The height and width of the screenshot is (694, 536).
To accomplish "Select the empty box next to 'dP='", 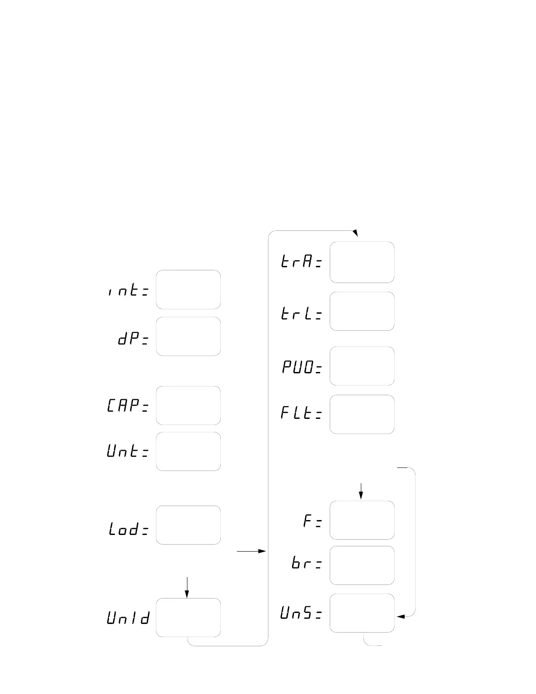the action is (188, 336).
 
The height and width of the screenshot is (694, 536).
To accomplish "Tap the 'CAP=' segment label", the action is (128, 406).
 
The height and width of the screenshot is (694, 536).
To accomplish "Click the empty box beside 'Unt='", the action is (188, 451).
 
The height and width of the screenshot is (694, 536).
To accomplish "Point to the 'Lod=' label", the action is (129, 529).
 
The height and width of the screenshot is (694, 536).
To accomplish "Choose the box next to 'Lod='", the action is (188, 525).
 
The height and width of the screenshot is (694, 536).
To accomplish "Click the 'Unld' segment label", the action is (128, 618).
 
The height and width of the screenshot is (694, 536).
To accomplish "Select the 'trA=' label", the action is (301, 262).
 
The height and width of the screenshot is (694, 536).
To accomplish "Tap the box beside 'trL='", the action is (362, 311).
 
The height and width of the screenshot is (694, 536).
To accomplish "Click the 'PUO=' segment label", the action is (302, 368).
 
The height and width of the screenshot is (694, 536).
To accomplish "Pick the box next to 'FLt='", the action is (362, 414).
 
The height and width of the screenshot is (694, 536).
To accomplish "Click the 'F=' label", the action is (313, 521).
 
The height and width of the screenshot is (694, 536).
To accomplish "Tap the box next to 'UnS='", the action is (362, 613).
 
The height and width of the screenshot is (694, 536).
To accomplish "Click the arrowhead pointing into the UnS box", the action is (400, 616).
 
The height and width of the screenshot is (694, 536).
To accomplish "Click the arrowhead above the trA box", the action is (355, 233).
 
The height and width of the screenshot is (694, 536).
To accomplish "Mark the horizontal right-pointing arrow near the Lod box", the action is (251, 551).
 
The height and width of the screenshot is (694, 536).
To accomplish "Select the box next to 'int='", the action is (188, 290).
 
